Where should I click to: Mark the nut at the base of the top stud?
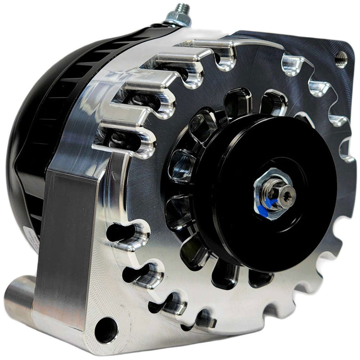[179, 20]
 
